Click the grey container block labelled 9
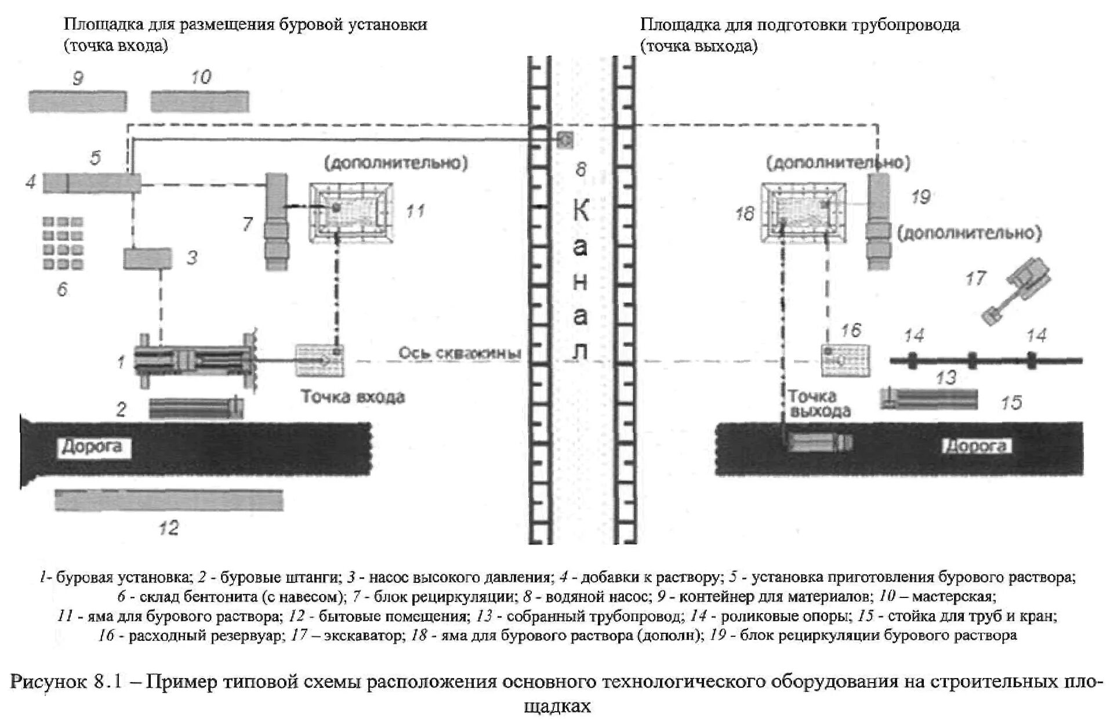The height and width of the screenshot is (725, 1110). pos(78,101)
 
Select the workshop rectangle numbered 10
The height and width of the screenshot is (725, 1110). pos(200,101)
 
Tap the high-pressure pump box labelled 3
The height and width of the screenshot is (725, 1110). pos(147,259)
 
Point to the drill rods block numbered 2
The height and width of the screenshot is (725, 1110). pos(196,408)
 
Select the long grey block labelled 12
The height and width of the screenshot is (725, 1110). pos(169,501)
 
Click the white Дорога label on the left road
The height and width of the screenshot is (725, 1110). pos(92,447)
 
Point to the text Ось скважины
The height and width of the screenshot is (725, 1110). pos(459,353)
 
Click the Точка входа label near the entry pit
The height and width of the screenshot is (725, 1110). pos(353,397)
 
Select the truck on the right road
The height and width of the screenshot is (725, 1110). pos(820,443)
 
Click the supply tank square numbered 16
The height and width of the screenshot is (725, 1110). pos(847,360)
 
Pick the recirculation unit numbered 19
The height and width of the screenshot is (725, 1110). pos(879,222)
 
